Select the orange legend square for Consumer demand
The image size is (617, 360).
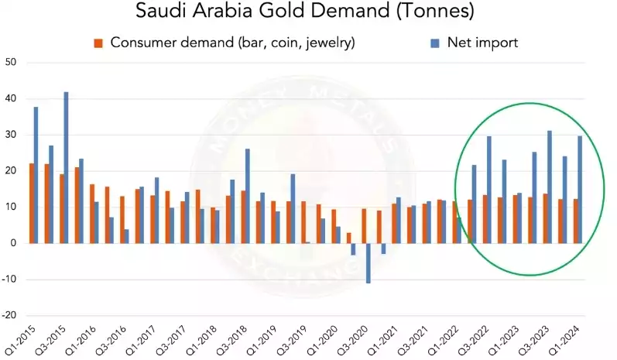click(98, 42)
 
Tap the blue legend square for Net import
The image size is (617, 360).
click(434, 42)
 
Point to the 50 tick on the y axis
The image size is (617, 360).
click(11, 62)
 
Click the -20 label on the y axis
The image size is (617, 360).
click(9, 315)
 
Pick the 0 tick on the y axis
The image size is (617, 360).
click(13, 243)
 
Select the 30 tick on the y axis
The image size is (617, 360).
click(11, 135)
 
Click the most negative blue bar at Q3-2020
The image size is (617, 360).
click(368, 262)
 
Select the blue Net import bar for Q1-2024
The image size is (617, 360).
click(580, 189)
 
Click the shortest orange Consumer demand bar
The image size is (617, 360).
click(348, 238)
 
